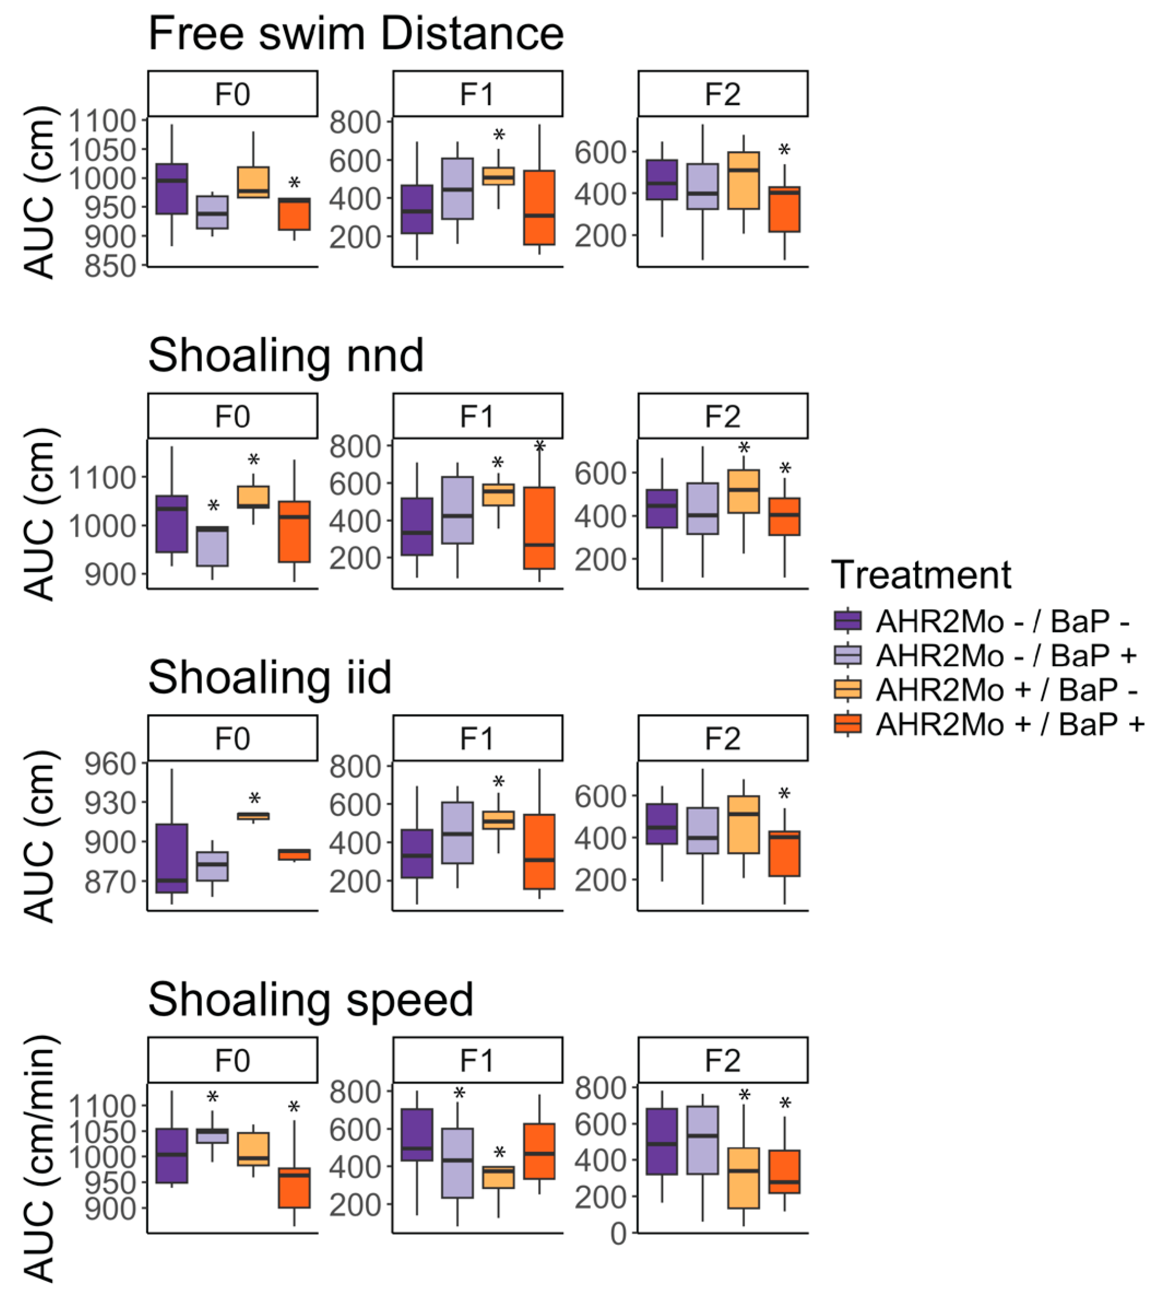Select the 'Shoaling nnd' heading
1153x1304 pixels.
(286, 355)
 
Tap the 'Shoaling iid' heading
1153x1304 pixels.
(269, 678)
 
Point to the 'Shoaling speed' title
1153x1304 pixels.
(311, 1000)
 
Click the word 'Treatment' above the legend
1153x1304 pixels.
(921, 575)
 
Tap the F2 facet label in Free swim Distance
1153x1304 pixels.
(723, 95)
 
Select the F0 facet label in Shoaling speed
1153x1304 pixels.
(232, 1061)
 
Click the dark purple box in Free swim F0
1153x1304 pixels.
(172, 189)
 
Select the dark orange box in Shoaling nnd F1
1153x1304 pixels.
(539, 528)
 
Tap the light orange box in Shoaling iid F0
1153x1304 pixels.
(253, 816)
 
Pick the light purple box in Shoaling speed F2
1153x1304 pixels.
(703, 1141)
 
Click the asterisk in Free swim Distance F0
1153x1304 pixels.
(294, 184)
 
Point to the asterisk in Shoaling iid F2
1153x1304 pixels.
(784, 795)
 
